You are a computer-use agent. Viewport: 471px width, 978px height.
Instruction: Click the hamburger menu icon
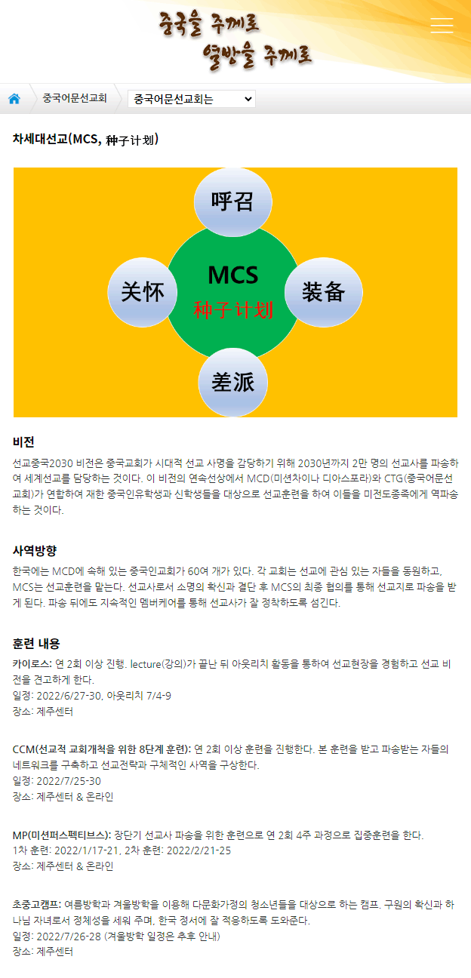(x=442, y=26)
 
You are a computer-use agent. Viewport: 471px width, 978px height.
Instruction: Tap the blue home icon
(x=14, y=99)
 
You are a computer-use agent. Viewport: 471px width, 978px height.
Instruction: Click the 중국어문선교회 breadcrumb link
(x=75, y=98)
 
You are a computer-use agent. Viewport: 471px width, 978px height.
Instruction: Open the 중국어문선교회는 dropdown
(x=192, y=99)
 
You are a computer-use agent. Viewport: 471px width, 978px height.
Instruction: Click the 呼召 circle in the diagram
(x=232, y=202)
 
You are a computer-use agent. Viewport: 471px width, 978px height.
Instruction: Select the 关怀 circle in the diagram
(x=143, y=292)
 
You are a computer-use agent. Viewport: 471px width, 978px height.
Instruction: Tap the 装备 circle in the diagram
(x=324, y=292)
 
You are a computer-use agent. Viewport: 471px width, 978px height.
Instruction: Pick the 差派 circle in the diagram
(x=232, y=383)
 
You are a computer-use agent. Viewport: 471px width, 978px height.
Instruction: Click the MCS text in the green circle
(x=232, y=275)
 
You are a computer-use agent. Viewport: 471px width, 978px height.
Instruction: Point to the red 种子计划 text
(x=233, y=310)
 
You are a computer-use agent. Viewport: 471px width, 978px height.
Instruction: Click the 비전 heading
(x=23, y=442)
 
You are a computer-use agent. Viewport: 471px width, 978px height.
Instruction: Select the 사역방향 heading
(x=35, y=550)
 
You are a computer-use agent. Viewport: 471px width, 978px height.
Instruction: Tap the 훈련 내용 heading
(x=36, y=643)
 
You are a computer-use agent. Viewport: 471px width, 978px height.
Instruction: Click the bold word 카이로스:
(x=32, y=663)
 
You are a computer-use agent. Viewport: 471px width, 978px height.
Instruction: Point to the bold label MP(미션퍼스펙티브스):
(x=62, y=835)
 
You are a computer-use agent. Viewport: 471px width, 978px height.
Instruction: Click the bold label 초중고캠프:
(x=37, y=904)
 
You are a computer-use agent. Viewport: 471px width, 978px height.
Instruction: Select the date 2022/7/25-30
(x=69, y=780)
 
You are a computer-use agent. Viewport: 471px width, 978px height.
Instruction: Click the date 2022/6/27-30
(x=69, y=695)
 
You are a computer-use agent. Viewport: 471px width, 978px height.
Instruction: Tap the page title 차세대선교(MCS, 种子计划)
(x=85, y=140)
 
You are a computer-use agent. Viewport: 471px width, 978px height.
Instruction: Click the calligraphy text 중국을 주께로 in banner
(x=209, y=24)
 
